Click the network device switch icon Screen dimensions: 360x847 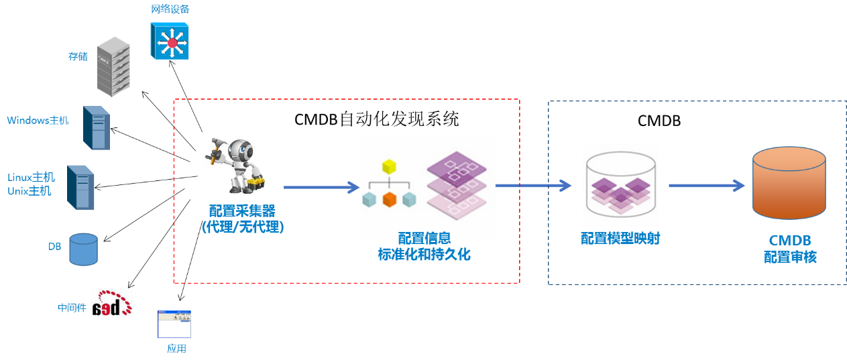[x=170, y=41]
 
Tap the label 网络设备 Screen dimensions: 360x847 [x=170, y=9]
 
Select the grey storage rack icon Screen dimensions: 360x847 [x=113, y=67]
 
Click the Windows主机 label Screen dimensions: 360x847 [x=38, y=121]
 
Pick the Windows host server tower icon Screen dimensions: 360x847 [x=97, y=127]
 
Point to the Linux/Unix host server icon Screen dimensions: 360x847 [x=81, y=187]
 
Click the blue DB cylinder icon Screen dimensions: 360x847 [x=84, y=249]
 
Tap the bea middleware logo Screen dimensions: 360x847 [x=111, y=302]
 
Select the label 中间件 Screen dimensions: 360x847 [x=71, y=308]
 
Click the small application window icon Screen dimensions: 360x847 [x=174, y=324]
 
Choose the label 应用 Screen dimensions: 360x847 [x=176, y=349]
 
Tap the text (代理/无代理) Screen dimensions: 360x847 [x=243, y=227]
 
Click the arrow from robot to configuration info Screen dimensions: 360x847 [x=321, y=188]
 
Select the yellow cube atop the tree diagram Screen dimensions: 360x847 [x=389, y=166]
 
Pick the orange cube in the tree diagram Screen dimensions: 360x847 [x=389, y=199]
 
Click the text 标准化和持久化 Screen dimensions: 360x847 [x=423, y=254]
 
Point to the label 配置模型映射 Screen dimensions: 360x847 [x=620, y=238]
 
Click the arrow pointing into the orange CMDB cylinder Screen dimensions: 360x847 [x=707, y=186]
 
